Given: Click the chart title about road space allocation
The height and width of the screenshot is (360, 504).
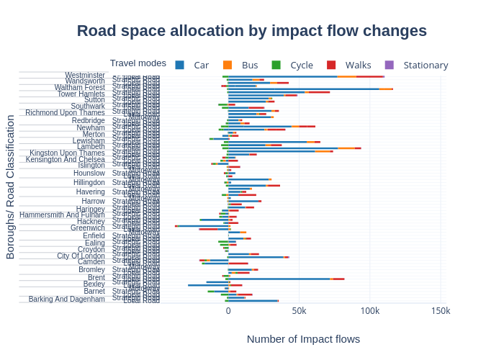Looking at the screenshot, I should (x=252, y=31).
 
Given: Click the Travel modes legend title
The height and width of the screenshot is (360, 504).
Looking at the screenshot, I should (x=138, y=63).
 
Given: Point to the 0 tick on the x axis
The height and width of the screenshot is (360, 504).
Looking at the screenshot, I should (x=228, y=311).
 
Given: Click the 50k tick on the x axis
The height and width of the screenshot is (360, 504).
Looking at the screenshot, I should (x=299, y=311).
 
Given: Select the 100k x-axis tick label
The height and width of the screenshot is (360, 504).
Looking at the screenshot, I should (x=369, y=311).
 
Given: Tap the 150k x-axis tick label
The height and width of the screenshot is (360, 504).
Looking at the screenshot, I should (x=441, y=311).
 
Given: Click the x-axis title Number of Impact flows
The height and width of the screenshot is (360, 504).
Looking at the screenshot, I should (x=303, y=338).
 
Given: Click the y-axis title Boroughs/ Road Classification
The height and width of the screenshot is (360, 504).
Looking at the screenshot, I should (x=11, y=186).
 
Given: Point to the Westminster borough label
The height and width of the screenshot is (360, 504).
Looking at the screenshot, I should (x=85, y=75).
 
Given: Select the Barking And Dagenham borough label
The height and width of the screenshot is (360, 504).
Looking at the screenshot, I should (x=67, y=299).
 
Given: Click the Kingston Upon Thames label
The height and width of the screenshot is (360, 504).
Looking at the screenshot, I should (x=67, y=153).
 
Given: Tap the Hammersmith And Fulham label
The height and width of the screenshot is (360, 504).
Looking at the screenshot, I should (x=62, y=215).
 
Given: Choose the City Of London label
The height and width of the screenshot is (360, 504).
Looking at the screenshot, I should (x=81, y=256).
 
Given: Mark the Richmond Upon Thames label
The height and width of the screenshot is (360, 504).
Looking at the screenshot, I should (x=65, y=112).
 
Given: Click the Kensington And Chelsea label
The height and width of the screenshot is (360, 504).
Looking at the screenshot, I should (x=66, y=159).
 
